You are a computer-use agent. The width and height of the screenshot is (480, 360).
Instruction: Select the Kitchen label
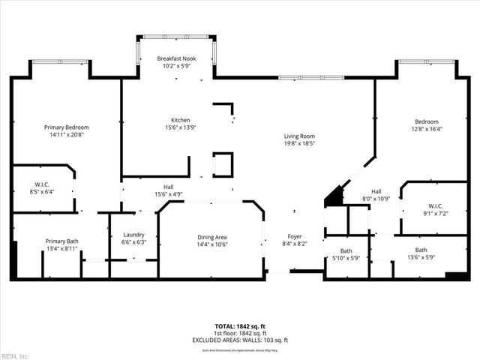179,120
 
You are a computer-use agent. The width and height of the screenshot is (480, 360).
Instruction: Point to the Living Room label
298,136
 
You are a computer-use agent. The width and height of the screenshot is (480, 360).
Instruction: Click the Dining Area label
211,236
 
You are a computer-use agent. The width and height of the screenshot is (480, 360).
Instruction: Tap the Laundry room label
133,235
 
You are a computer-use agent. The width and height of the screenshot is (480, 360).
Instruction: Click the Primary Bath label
62,241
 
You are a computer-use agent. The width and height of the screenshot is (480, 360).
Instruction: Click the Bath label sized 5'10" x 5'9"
346,251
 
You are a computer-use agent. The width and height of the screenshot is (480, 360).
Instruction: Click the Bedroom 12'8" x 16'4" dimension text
427,128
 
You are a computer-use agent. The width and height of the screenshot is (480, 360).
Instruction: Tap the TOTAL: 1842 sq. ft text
239,327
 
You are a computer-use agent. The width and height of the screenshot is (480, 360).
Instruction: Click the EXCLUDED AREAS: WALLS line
239,340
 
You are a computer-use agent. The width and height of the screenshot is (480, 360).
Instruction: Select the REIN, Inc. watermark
15,355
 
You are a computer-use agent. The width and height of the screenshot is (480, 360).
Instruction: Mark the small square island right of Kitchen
223,163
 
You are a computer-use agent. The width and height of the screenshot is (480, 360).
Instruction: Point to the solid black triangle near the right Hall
331,197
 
